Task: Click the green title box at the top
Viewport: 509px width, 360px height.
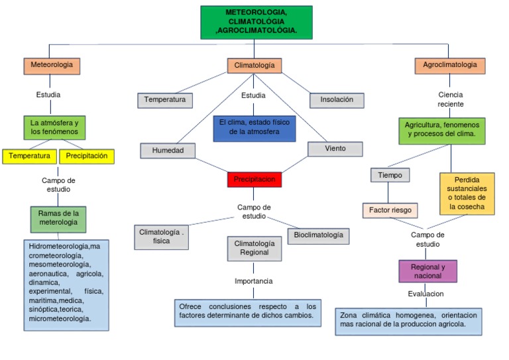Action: pyautogui.click(x=256, y=23)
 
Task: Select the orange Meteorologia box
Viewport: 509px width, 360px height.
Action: pyautogui.click(x=52, y=66)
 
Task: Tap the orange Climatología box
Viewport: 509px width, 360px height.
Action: pyautogui.click(x=254, y=66)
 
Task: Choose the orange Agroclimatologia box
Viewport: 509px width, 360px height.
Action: pyautogui.click(x=450, y=66)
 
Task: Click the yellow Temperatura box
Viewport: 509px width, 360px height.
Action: pyautogui.click(x=29, y=156)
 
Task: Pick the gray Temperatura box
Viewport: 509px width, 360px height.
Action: pyautogui.click(x=165, y=100)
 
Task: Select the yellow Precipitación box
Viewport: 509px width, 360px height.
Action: pyautogui.click(x=87, y=156)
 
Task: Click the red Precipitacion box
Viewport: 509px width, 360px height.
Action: pyautogui.click(x=254, y=180)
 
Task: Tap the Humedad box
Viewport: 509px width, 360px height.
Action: pyautogui.click(x=168, y=150)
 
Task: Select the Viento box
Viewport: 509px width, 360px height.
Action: pyautogui.click(x=335, y=149)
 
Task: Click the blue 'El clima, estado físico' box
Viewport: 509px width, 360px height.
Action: pyautogui.click(x=254, y=127)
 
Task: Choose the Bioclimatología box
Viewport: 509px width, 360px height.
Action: pyautogui.click(x=318, y=235)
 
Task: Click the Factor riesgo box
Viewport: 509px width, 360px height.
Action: pyautogui.click(x=390, y=211)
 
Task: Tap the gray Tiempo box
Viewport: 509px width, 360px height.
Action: pyautogui.click(x=390, y=175)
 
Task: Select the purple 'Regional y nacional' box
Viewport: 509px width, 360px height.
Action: pyautogui.click(x=428, y=271)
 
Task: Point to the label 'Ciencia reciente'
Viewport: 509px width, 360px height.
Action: pyautogui.click(x=451, y=99)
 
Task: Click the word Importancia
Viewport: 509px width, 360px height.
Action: pyautogui.click(x=253, y=281)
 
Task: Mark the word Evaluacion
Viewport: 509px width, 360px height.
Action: pyautogui.click(x=425, y=294)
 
